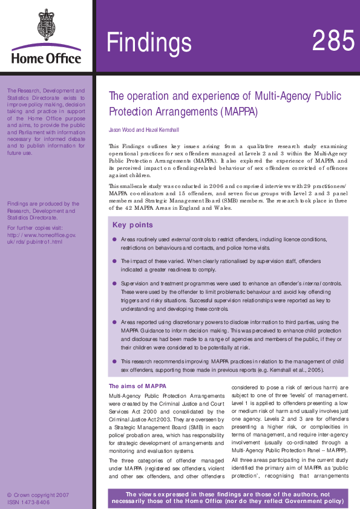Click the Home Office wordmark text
click(46, 59)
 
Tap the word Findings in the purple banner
click(149, 43)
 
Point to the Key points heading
click(133, 225)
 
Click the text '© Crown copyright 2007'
click(38, 494)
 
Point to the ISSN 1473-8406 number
click(28, 502)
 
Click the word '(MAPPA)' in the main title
click(239, 112)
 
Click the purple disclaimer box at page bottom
click(227, 498)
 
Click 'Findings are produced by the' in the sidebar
click(42, 204)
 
